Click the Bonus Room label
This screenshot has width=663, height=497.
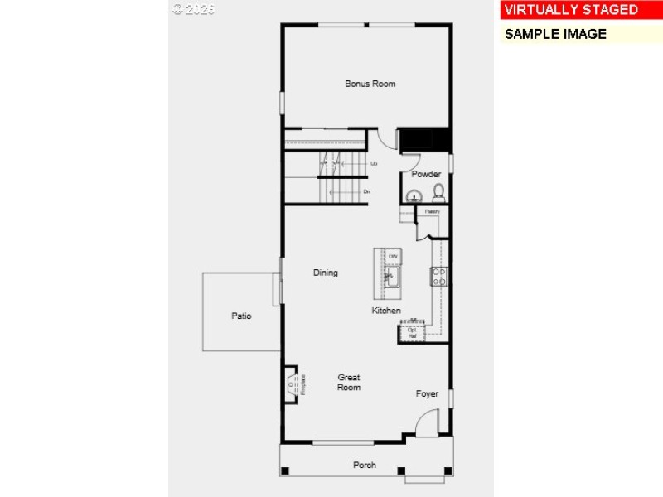point(370,84)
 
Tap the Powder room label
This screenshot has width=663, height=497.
point(426,174)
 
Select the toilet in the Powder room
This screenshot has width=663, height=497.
point(438,194)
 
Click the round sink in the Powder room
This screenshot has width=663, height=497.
point(414,196)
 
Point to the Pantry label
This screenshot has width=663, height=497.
point(432,211)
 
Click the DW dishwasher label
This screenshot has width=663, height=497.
point(393,257)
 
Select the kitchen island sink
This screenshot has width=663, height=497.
point(392,277)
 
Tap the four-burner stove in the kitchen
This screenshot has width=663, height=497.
point(438,276)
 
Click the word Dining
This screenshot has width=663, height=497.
point(325,273)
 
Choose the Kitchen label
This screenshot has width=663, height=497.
point(386,311)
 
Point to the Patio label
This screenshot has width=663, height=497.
point(241,316)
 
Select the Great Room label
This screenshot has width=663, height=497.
point(349,382)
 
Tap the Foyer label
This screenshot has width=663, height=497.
point(427,393)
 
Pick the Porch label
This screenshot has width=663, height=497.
point(365,465)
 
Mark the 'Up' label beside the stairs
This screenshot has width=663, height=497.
point(374,164)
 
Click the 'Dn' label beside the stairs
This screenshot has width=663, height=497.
point(366,191)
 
